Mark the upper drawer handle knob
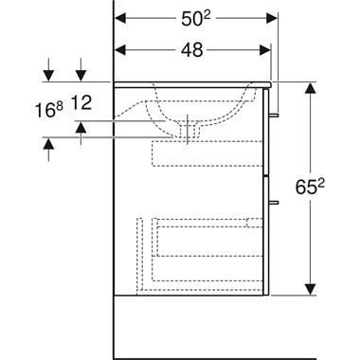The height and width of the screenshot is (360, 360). tap(276, 116)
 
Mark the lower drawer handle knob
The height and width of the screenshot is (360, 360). tap(276, 202)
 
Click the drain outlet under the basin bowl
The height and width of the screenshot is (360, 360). tap(191, 131)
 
